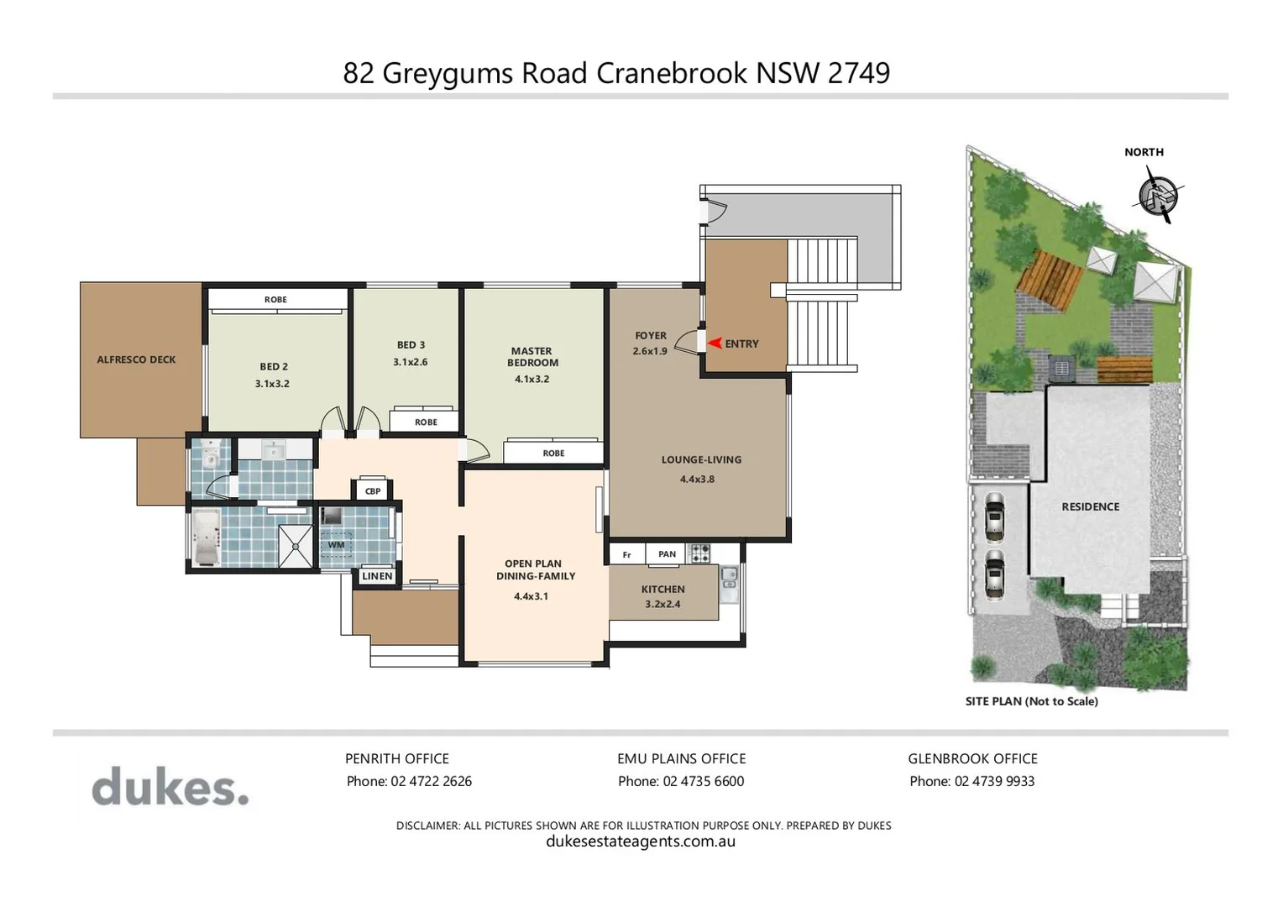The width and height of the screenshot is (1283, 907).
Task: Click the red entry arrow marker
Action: coord(715,343)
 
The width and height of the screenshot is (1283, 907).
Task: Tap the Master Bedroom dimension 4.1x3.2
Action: coord(532,379)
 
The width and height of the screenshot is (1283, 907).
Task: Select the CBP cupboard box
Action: coord(373,491)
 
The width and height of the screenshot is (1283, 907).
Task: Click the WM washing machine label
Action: coord(336,544)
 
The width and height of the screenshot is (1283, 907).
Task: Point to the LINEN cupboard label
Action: coord(377,576)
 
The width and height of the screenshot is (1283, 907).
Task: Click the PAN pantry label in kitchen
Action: coord(667,554)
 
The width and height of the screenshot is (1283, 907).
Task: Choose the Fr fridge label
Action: coord(626,555)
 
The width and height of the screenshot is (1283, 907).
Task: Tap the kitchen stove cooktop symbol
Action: coord(699,553)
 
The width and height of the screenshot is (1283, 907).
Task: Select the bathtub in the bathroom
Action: coord(206,537)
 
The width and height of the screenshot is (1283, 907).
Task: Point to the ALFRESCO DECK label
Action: coord(136,359)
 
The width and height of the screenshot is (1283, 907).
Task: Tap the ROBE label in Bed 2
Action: coord(275,300)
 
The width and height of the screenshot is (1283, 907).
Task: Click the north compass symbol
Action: coord(1159,196)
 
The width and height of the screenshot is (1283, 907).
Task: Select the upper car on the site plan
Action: coord(994,516)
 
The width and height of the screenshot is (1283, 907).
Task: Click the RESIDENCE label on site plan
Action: coord(1090,506)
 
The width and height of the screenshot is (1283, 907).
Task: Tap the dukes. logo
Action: coord(170,787)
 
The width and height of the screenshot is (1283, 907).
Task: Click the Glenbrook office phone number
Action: coord(972,781)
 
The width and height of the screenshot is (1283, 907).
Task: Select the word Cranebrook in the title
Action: coord(672,73)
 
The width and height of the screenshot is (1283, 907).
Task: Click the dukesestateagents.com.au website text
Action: coord(641,841)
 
